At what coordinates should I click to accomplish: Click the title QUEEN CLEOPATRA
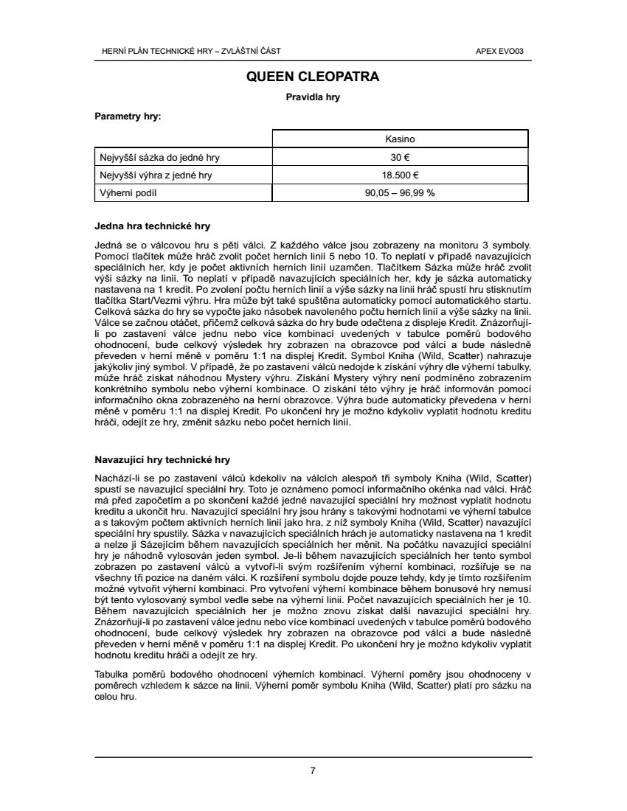[x=313, y=76]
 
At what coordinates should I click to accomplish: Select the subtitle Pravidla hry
[x=313, y=97]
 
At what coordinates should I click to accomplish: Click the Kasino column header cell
[x=401, y=139]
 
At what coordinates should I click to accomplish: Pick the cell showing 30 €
[x=401, y=157]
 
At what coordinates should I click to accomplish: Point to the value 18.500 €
[x=401, y=175]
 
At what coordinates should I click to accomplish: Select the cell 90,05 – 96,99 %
[x=401, y=193]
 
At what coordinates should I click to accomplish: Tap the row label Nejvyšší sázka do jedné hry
[x=159, y=157]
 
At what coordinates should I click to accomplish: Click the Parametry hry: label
[x=128, y=116]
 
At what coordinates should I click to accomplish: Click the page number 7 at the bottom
[x=313, y=771]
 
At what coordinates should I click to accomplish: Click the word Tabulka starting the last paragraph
[x=112, y=675]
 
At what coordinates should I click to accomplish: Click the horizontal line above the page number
[x=313, y=757]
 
